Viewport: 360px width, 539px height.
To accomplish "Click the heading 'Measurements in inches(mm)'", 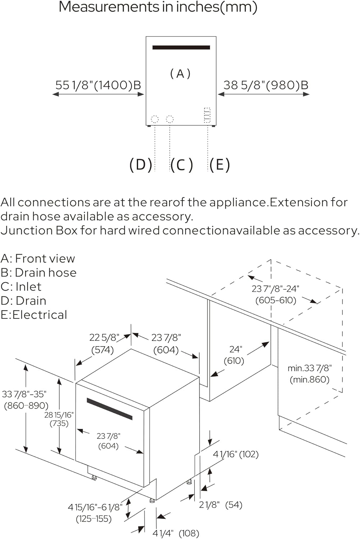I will [x=158, y=7].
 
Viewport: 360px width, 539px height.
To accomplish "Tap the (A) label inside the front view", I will [x=180, y=74].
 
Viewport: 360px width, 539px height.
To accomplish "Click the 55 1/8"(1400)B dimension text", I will [x=98, y=85].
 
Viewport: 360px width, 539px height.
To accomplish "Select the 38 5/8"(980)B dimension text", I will [x=266, y=85].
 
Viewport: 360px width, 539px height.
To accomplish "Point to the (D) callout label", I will [x=141, y=165].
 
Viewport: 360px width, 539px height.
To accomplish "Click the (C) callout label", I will [x=182, y=165].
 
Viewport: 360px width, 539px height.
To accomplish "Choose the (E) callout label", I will [x=220, y=165].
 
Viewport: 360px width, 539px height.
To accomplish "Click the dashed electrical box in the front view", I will [x=207, y=115].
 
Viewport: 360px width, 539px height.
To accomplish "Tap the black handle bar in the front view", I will [x=181, y=47].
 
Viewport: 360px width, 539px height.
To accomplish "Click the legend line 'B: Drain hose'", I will [x=38, y=272].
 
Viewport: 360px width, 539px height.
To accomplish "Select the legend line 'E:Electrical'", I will [x=34, y=315].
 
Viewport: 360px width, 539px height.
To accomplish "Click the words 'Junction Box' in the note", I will [x=39, y=230].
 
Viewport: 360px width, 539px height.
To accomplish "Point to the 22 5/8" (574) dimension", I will [x=104, y=343].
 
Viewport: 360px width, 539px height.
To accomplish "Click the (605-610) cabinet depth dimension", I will [x=276, y=300].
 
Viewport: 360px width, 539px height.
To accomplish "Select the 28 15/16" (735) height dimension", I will [x=59, y=419].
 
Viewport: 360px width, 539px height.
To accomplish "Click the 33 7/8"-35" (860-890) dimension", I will [x=25, y=400].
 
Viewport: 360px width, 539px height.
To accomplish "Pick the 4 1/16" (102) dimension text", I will [x=236, y=454].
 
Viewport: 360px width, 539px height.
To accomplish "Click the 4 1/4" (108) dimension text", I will [x=176, y=533].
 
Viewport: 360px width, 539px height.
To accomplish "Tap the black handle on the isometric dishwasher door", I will [x=109, y=409].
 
